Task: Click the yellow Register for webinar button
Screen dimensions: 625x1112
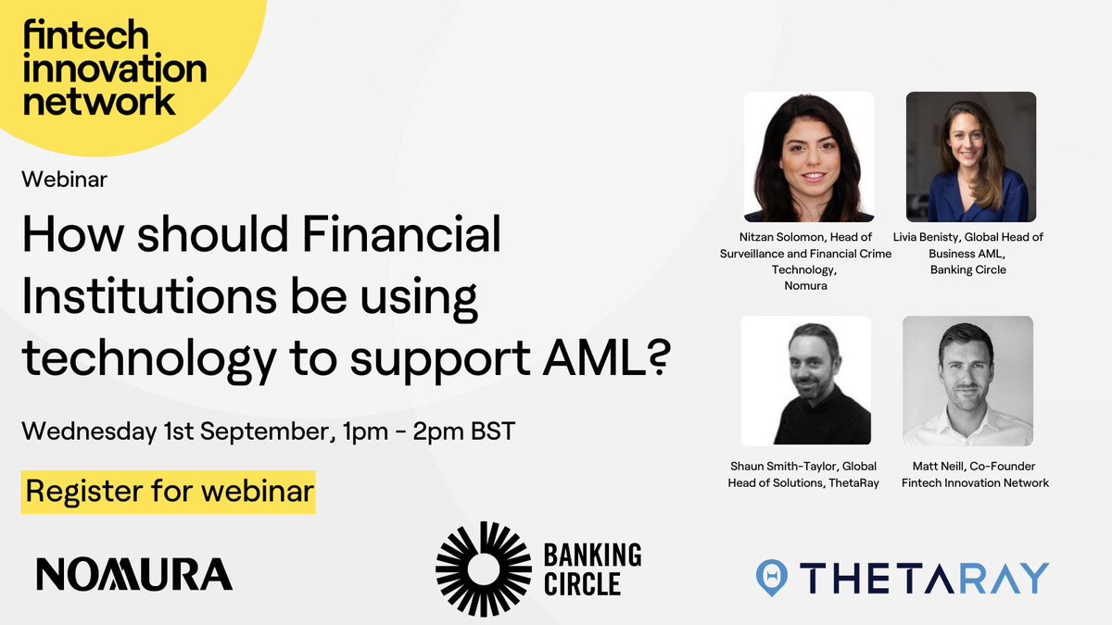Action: click(x=169, y=492)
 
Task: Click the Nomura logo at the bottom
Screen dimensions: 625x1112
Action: click(x=134, y=575)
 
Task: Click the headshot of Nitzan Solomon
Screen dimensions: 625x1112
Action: click(x=809, y=156)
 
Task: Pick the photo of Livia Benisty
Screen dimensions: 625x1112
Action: click(x=970, y=156)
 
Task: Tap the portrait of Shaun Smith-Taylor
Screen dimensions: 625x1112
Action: click(x=805, y=381)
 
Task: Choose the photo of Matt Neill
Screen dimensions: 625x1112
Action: click(x=967, y=381)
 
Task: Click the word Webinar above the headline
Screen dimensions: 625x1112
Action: click(x=65, y=180)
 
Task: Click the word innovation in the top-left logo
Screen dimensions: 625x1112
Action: click(x=114, y=68)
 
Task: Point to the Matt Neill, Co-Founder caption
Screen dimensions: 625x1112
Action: click(x=968, y=466)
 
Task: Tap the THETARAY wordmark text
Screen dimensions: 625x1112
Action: click(x=924, y=577)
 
